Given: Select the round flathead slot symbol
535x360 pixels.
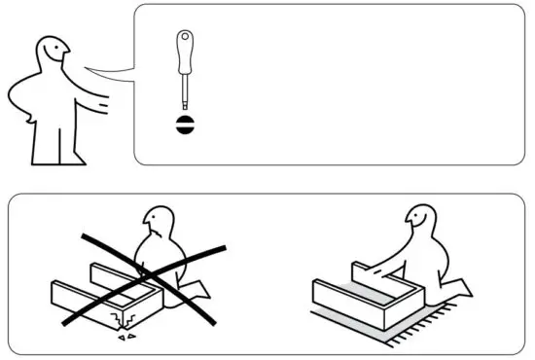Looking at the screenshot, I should pyautogui.click(x=182, y=125).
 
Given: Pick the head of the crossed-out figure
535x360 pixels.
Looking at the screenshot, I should pyautogui.click(x=156, y=222).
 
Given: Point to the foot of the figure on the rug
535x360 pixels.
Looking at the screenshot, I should pyautogui.click(x=467, y=288).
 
